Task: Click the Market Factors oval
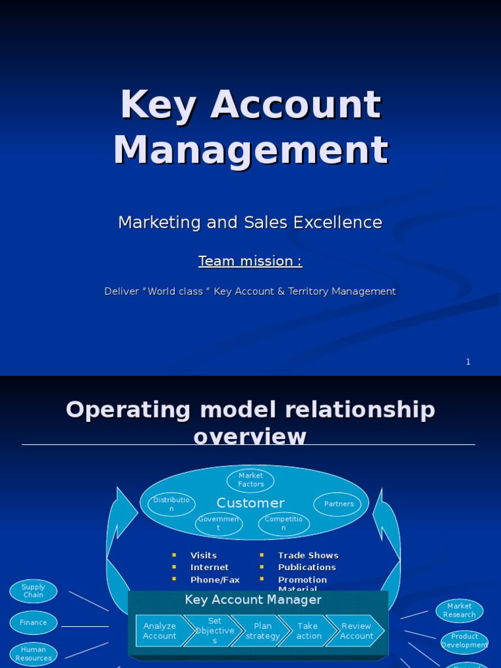(250, 480)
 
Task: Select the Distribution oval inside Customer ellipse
(172, 504)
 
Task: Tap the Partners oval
(338, 504)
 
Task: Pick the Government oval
(219, 523)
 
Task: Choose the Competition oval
(284, 523)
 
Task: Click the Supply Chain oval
(33, 591)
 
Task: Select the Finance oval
(33, 622)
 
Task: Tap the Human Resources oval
(33, 654)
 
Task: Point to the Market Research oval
(459, 611)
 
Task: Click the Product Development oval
(464, 641)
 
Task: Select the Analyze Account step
(159, 631)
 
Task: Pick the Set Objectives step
(214, 631)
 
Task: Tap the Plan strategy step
(262, 631)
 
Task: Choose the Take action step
(308, 631)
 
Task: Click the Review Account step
(356, 631)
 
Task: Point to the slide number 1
(468, 362)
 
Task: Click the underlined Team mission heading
(250, 261)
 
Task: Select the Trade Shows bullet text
(308, 555)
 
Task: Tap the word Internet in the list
(209, 568)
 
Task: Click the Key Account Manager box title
(253, 600)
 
